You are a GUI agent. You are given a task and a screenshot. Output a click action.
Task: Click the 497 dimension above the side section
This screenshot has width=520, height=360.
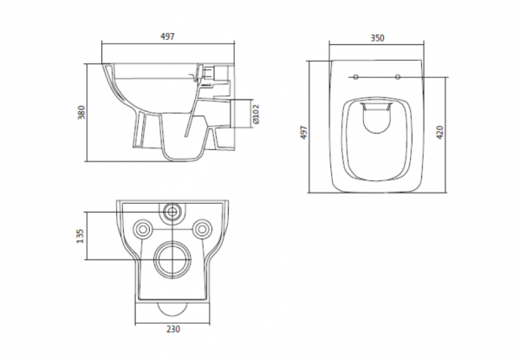167,36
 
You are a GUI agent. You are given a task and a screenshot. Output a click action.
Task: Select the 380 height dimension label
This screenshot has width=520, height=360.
81,112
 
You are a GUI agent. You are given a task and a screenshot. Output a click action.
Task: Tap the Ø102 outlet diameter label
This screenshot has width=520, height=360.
256,115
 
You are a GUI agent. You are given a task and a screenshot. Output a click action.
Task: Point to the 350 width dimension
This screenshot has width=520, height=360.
377,38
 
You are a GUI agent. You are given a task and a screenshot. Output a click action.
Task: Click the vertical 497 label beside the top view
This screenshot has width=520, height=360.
304,133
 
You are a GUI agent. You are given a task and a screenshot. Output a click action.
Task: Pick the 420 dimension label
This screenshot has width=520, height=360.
439,133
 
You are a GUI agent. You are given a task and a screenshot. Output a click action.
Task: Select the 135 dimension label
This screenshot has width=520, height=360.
81,236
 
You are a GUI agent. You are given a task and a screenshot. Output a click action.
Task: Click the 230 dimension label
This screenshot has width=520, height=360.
172,329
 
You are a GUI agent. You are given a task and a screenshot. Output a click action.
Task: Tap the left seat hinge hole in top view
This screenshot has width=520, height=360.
355,77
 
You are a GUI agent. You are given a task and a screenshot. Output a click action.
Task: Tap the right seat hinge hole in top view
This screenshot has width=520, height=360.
398,77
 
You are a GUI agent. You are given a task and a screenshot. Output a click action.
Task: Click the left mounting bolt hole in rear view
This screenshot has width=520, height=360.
143,229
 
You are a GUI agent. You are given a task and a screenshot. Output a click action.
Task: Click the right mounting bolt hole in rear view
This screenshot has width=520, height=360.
202,229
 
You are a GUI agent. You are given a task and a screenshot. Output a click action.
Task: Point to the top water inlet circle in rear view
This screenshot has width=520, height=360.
172,211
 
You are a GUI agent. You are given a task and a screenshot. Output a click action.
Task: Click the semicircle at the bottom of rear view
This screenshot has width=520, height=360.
172,313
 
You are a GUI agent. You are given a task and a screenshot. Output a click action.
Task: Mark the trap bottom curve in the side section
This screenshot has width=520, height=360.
184,160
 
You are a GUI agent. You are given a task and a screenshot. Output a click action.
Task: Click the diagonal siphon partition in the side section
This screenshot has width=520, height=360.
192,109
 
